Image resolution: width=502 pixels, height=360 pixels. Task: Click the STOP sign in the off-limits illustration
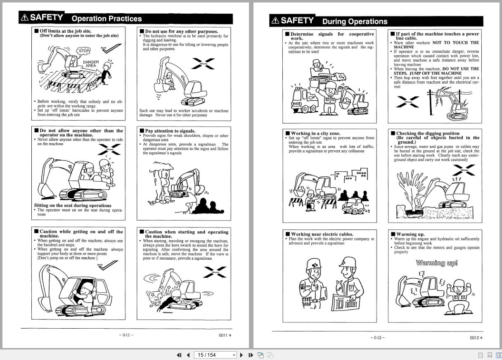[84, 51]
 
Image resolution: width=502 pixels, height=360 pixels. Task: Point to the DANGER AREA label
[91, 64]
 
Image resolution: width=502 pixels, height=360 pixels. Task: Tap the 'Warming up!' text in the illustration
[437, 263]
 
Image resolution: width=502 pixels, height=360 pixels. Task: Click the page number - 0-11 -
[126, 335]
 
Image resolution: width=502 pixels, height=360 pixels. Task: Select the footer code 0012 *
[476, 338]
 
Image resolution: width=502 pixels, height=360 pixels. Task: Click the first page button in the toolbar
[179, 355]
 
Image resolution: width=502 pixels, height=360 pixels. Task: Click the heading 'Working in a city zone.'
[315, 133]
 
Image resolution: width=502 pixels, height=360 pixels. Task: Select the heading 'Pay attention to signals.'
[170, 131]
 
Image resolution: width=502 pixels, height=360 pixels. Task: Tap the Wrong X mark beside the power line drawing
[407, 102]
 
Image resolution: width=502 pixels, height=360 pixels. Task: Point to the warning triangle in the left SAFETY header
[25, 17]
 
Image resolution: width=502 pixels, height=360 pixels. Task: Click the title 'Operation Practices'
[107, 19]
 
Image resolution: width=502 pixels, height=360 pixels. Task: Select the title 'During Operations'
[355, 21]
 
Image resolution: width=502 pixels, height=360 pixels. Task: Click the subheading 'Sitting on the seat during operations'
[73, 205]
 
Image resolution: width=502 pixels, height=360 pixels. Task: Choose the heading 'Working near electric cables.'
[322, 234]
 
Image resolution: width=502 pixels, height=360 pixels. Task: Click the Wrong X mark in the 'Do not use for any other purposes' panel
[204, 64]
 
